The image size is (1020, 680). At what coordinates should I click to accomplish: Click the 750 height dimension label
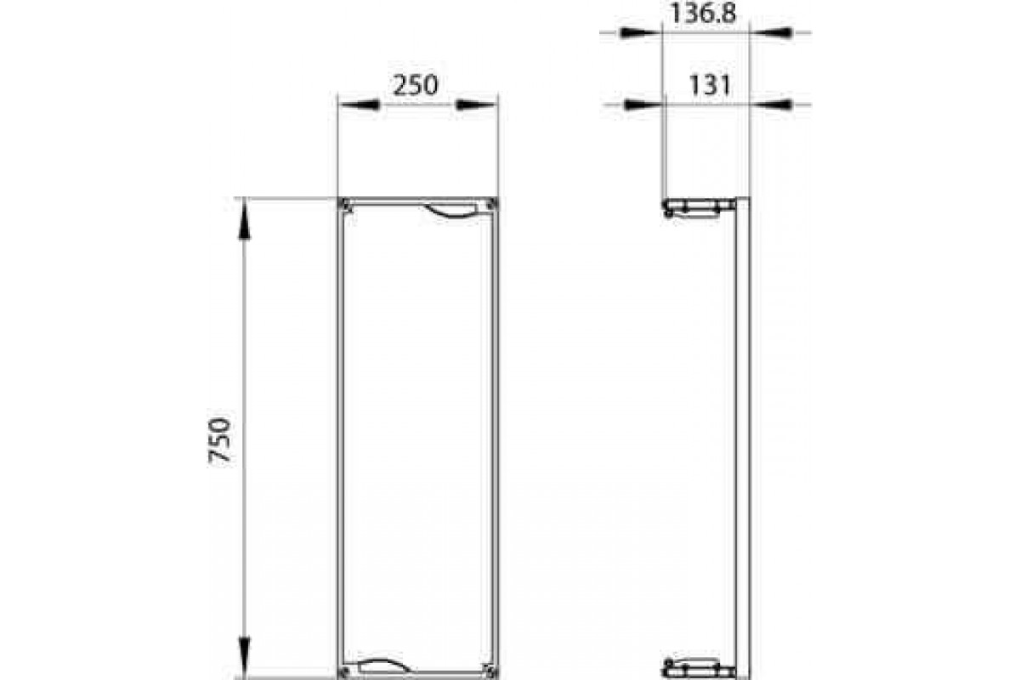(x=220, y=439)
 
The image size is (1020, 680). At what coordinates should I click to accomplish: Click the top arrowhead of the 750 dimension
(x=245, y=220)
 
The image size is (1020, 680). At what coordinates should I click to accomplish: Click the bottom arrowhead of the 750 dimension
(x=245, y=655)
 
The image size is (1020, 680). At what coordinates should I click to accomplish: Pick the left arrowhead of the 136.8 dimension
(x=637, y=33)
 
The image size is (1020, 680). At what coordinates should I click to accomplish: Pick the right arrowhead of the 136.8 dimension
(x=773, y=33)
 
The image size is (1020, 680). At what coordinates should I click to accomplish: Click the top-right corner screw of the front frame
(x=491, y=205)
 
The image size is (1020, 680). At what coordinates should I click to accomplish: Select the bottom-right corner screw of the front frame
(x=489, y=668)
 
